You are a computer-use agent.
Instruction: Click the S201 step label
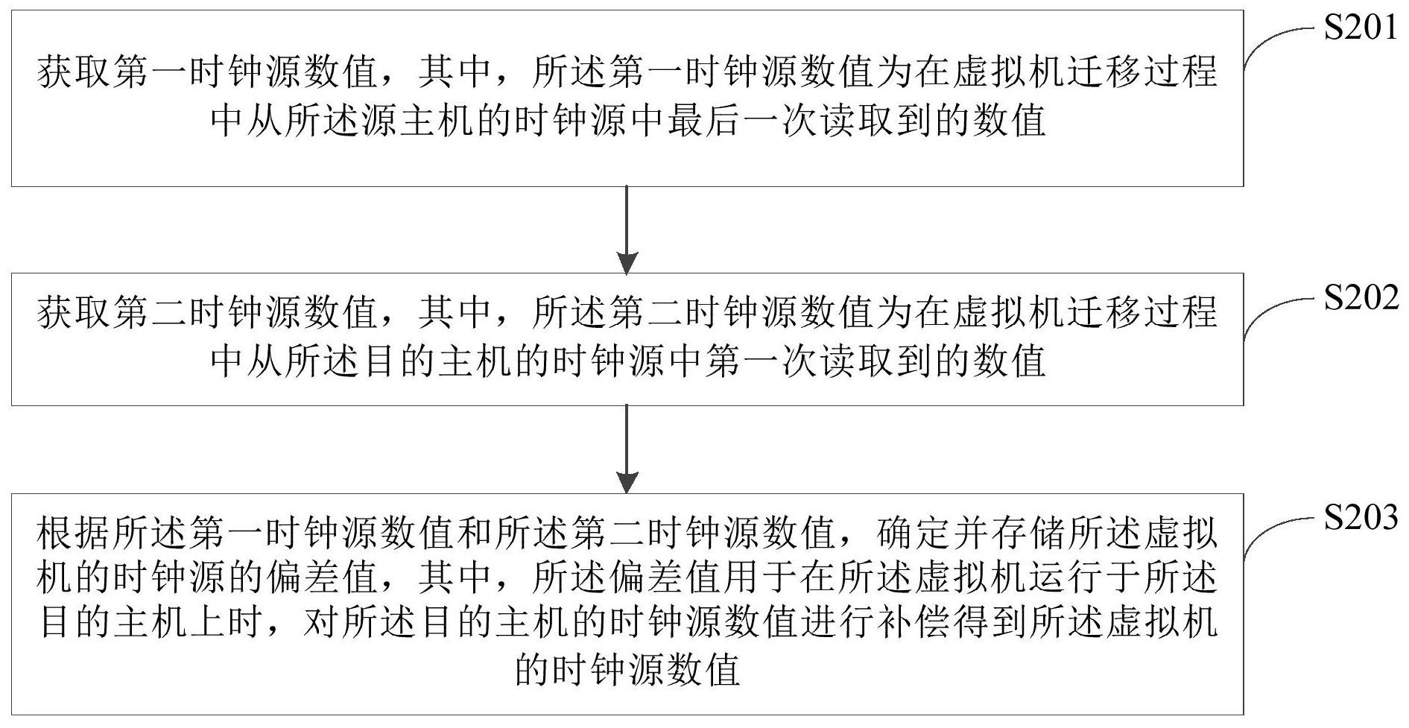point(1361,28)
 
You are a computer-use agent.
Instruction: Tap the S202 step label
point(1361,298)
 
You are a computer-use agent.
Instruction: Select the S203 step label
point(1361,517)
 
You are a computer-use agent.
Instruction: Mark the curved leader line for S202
point(1276,313)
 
